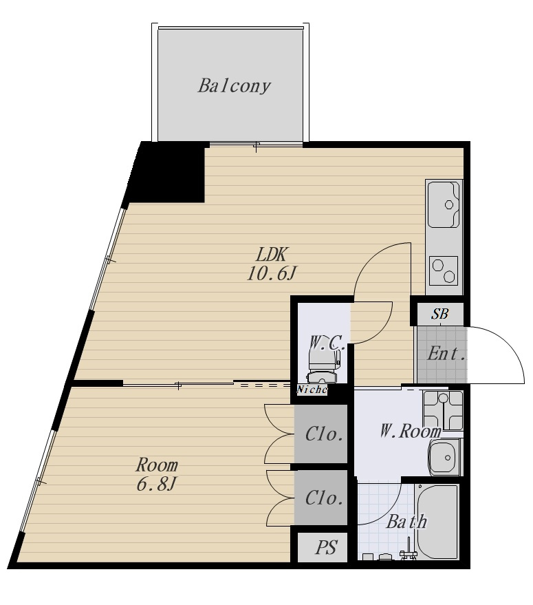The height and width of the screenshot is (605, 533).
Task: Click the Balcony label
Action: (x=234, y=85)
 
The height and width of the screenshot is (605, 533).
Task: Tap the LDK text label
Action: (x=271, y=255)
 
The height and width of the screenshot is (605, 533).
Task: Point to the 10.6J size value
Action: (x=271, y=274)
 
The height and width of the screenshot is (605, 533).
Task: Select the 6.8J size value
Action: (x=156, y=485)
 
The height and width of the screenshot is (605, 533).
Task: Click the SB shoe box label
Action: (x=439, y=314)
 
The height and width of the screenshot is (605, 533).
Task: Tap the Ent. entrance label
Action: (x=446, y=353)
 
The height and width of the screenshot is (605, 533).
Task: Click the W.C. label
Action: (x=327, y=343)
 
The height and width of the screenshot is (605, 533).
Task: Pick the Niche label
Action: (x=312, y=390)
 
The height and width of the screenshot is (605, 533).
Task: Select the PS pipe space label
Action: (x=326, y=547)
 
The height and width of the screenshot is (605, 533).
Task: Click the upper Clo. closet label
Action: (x=324, y=434)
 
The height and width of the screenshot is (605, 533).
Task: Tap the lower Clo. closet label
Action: (x=324, y=498)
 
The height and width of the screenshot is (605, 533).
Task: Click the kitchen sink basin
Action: (x=444, y=204)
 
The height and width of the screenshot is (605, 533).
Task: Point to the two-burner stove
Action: (x=444, y=270)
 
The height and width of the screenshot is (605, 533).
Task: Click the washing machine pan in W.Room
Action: (x=443, y=410)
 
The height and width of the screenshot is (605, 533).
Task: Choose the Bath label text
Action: (x=407, y=522)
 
